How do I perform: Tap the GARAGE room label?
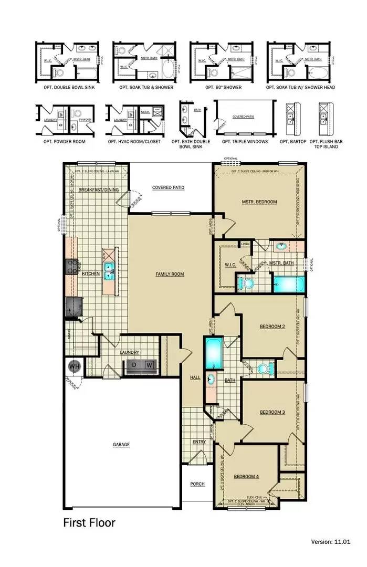[121, 445]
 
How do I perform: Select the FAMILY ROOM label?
[170, 274]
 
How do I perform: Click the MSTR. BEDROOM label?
[259, 202]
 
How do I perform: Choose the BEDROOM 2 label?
[272, 327]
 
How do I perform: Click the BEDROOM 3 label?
[272, 412]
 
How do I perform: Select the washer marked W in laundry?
[149, 364]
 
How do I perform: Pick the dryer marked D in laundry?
[134, 364]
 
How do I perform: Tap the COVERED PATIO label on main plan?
[168, 187]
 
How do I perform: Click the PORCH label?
[197, 484]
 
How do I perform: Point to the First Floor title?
[89, 523]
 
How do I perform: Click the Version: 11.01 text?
[330, 541]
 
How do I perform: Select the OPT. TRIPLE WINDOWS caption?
[245, 142]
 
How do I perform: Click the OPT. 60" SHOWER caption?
[223, 87]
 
